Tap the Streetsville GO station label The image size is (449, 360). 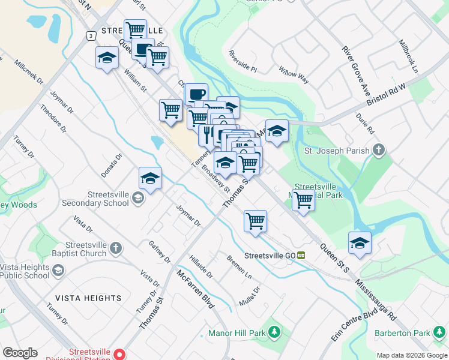270,256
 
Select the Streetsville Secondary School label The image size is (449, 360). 108,199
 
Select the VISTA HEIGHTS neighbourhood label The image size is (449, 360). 88,298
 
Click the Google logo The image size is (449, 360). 20,353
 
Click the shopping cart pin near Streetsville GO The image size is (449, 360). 256,221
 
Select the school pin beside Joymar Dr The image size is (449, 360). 150,178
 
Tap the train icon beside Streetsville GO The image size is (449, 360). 301,255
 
